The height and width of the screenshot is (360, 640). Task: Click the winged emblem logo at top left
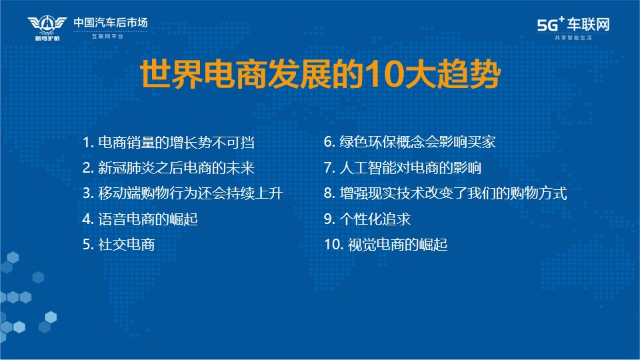click(x=47, y=28)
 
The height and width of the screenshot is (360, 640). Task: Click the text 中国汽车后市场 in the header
click(x=111, y=23)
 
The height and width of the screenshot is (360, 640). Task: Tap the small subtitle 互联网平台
click(x=107, y=36)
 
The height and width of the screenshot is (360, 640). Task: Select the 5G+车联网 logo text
click(x=573, y=24)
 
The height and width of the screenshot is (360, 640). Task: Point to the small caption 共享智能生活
click(x=573, y=37)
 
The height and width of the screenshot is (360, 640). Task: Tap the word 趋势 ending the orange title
click(x=469, y=74)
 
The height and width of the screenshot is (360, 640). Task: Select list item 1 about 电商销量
click(x=168, y=143)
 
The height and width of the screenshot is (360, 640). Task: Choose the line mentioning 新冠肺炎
click(x=169, y=168)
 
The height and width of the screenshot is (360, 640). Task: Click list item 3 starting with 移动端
click(x=183, y=193)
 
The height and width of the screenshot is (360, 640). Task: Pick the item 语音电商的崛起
click(x=140, y=219)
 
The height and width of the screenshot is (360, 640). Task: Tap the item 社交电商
click(x=119, y=245)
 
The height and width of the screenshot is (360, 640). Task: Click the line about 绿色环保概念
click(x=410, y=142)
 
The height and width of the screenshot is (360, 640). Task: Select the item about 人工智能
click(x=403, y=168)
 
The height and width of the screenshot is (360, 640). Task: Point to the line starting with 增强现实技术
click(x=445, y=193)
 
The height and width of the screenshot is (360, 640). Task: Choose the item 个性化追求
click(x=367, y=219)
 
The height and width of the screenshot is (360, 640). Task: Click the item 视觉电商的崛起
click(x=386, y=245)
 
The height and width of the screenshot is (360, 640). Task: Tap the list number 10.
click(x=332, y=245)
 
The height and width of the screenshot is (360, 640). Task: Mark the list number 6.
click(x=328, y=142)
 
